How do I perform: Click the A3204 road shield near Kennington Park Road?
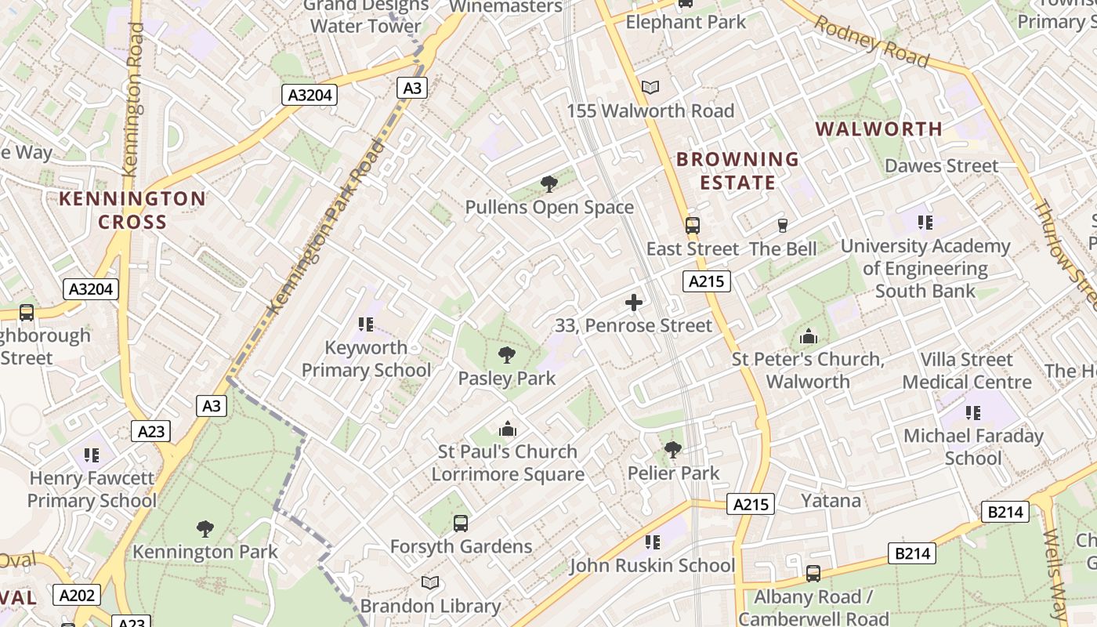[309, 96]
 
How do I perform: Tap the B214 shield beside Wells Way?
[1005, 513]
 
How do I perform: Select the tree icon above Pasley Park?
[507, 355]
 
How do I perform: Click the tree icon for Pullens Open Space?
[549, 184]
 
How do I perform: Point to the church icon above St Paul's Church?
[508, 429]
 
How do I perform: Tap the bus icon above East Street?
[692, 226]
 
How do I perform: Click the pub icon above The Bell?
[782, 226]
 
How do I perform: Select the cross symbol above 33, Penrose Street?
[634, 303]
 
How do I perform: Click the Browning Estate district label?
[737, 171]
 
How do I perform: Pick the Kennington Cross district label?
[132, 210]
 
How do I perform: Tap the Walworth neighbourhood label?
[878, 129]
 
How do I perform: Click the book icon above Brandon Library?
[430, 582]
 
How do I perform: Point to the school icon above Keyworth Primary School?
[365, 324]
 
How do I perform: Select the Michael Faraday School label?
[973, 447]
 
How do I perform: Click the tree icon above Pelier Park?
[672, 450]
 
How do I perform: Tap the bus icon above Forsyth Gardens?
[461, 523]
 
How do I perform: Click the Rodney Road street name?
[871, 41]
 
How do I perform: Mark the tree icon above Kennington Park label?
[205, 529]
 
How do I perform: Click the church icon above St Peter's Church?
[808, 337]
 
